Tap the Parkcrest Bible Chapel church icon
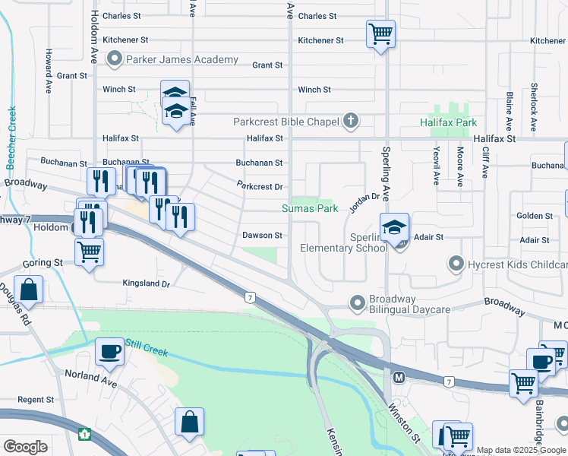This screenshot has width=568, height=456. pos(350,120)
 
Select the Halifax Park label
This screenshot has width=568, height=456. pos(449,122)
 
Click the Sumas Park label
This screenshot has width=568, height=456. pos(310,208)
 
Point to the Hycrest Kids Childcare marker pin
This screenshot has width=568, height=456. pos(456,264)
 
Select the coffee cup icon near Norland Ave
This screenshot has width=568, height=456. pos(109,350)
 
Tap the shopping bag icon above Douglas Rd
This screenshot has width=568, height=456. pos(28,290)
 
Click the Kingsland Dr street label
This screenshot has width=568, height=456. pos(147,283)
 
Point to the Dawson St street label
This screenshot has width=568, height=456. pos(263,236)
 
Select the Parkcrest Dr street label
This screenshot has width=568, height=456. pos(260,186)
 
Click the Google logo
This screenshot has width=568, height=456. pos(25,447)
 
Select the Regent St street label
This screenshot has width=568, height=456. pos(36,400)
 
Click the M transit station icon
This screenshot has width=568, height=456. pos(399,377)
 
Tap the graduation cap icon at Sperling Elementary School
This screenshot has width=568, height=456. pos(395,226)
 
